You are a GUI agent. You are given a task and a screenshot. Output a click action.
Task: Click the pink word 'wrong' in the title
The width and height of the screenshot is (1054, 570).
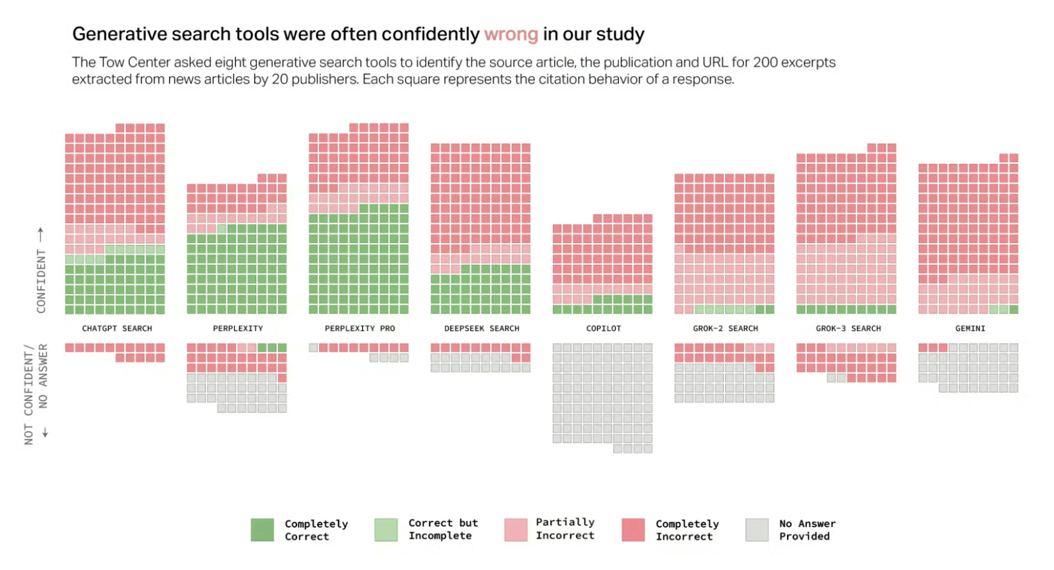pyautogui.click(x=511, y=34)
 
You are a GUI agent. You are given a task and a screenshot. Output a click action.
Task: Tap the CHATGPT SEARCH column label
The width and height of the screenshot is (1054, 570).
pyautogui.click(x=117, y=328)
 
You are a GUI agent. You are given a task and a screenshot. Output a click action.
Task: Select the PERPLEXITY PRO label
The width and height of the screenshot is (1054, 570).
pyautogui.click(x=360, y=328)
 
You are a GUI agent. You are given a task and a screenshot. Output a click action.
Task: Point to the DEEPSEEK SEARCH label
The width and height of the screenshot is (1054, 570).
pyautogui.click(x=482, y=328)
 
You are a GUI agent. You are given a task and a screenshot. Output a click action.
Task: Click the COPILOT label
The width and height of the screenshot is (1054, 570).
pyautogui.click(x=603, y=328)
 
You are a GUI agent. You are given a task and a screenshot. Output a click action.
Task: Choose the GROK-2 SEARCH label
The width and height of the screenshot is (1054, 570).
pyautogui.click(x=725, y=328)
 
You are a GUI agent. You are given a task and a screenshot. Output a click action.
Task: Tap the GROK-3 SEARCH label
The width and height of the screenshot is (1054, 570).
pyautogui.click(x=848, y=328)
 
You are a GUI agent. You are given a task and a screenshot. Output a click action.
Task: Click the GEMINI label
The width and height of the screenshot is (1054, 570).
pyautogui.click(x=970, y=328)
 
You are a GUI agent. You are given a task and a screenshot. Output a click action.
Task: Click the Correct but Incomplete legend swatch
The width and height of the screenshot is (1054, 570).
pyautogui.click(x=385, y=529)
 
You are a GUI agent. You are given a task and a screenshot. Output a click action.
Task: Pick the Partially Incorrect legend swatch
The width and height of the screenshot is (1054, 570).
pyautogui.click(x=515, y=529)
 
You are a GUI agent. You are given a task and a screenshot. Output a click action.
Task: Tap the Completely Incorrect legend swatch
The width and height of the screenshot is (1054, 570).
pyautogui.click(x=633, y=529)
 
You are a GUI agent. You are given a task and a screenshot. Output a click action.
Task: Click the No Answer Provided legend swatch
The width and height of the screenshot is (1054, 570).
pyautogui.click(x=756, y=529)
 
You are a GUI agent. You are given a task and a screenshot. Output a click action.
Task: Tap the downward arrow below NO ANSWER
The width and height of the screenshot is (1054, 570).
pyautogui.click(x=45, y=432)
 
